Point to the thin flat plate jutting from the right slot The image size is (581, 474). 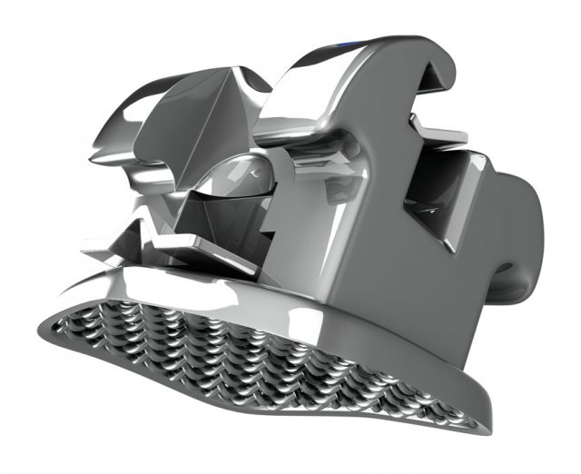coord(454,136)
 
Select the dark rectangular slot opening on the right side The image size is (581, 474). coord(436,191)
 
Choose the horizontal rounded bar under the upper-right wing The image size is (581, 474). coord(309,136)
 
